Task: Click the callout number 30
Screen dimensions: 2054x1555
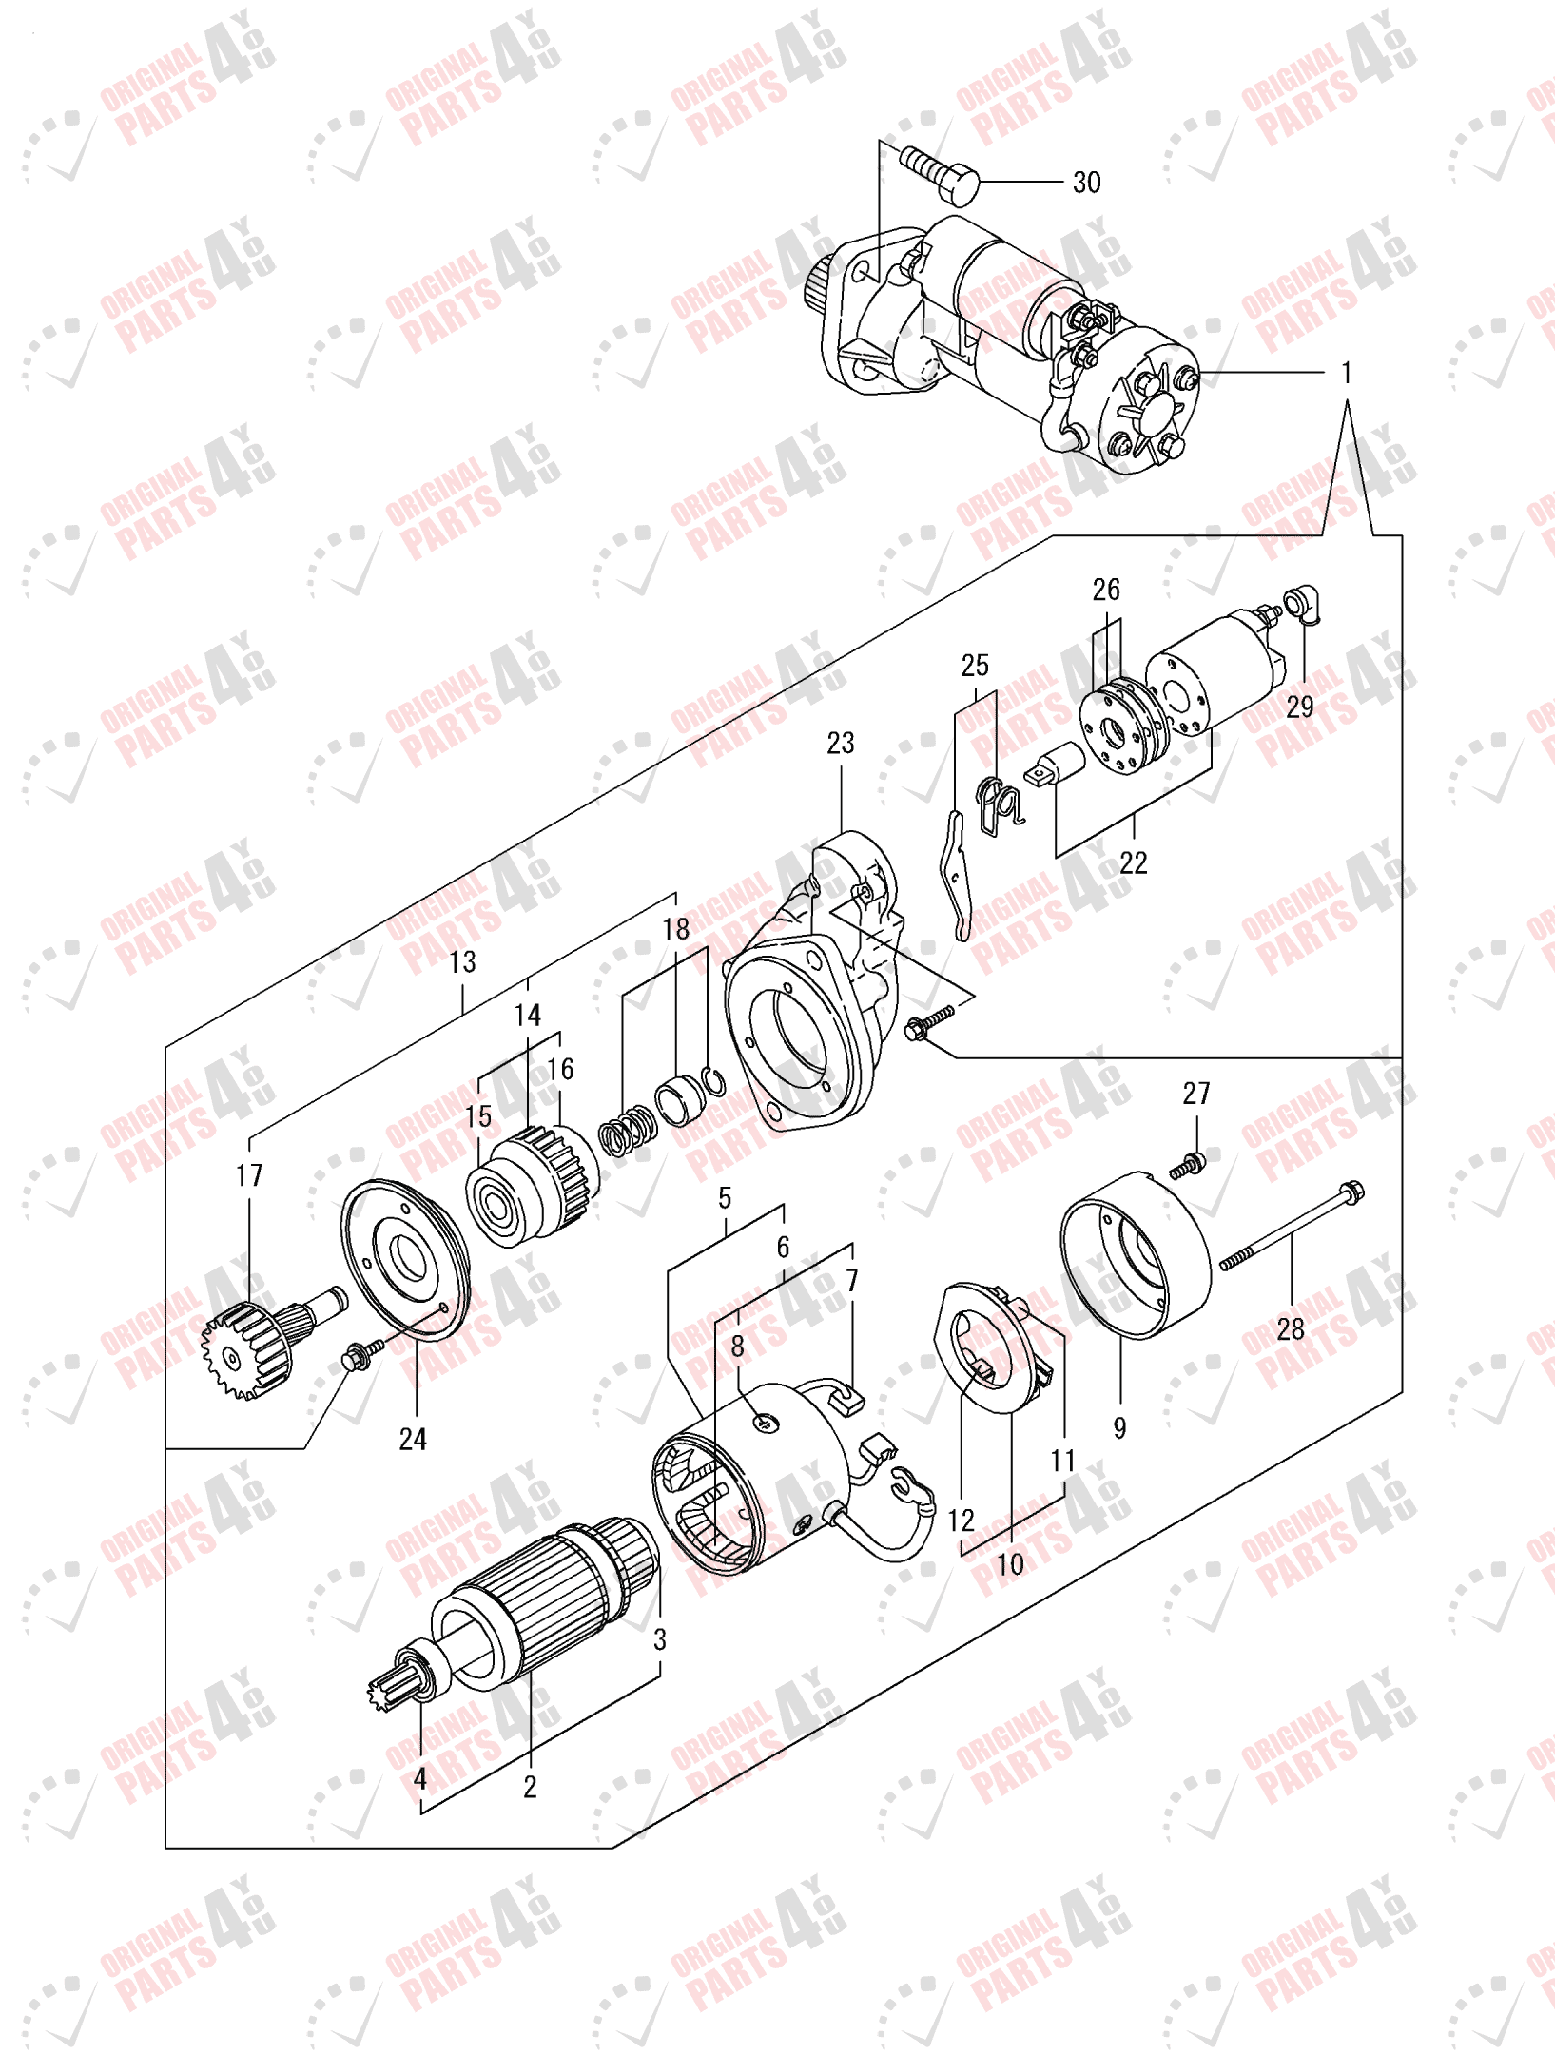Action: pyautogui.click(x=1086, y=183)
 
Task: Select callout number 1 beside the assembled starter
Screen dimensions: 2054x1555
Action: pyautogui.click(x=1346, y=373)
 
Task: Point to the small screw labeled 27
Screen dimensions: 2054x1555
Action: pyautogui.click(x=1188, y=1165)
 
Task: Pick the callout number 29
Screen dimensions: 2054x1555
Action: pyautogui.click(x=1299, y=707)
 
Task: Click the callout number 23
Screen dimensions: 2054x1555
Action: pyautogui.click(x=840, y=743)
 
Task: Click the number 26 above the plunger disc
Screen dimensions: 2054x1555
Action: pyautogui.click(x=1105, y=590)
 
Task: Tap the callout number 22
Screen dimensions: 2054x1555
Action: pyautogui.click(x=1133, y=862)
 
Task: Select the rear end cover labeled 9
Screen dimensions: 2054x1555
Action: pyautogui.click(x=1137, y=1255)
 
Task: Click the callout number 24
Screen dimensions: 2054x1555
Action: pyautogui.click(x=413, y=1439)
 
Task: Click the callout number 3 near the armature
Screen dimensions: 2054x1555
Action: pyautogui.click(x=659, y=1638)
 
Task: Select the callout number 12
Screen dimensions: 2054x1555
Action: pyautogui.click(x=961, y=1521)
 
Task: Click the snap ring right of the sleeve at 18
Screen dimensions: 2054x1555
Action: pyautogui.click(x=713, y=1081)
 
